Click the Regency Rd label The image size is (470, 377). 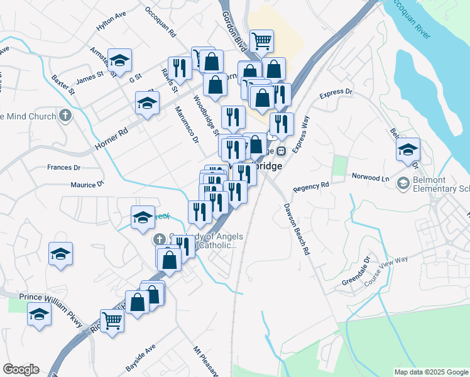[311, 187]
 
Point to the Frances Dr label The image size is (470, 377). [64, 168]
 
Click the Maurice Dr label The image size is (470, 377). [87, 185]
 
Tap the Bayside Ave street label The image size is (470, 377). [140, 358]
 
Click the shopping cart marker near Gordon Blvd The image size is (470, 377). [262, 41]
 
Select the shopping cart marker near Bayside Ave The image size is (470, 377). [112, 320]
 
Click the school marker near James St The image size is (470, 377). [119, 60]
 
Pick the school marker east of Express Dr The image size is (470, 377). [408, 150]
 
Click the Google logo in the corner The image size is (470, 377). [21, 369]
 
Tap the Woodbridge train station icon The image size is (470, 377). [281, 150]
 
